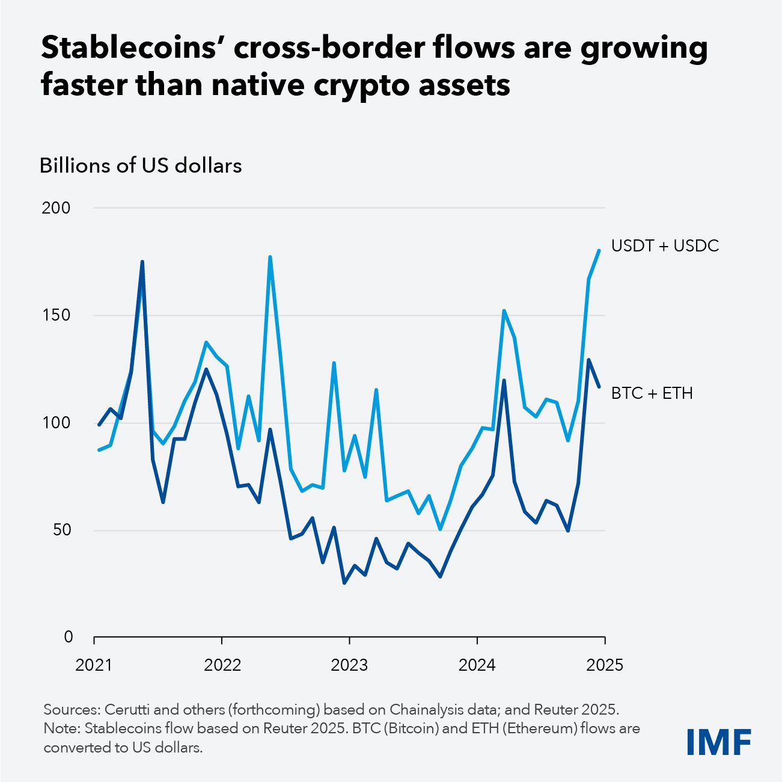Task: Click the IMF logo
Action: click(x=719, y=742)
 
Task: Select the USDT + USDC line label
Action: click(x=665, y=246)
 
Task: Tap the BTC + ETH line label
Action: click(x=652, y=393)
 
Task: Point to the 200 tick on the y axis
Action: click(x=56, y=208)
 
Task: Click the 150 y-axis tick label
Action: click(x=56, y=315)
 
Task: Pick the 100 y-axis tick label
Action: click(x=56, y=423)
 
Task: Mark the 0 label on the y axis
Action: click(x=68, y=637)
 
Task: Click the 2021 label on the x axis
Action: click(x=94, y=665)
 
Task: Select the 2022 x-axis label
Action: click(x=222, y=665)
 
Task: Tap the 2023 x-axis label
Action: click(x=349, y=665)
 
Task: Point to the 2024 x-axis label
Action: click(x=477, y=665)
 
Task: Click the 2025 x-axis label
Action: click(x=605, y=665)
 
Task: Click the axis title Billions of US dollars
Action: click(x=141, y=165)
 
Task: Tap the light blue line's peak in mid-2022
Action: click(x=270, y=257)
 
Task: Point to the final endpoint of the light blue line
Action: click(x=599, y=250)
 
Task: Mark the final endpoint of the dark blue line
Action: click(x=599, y=386)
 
